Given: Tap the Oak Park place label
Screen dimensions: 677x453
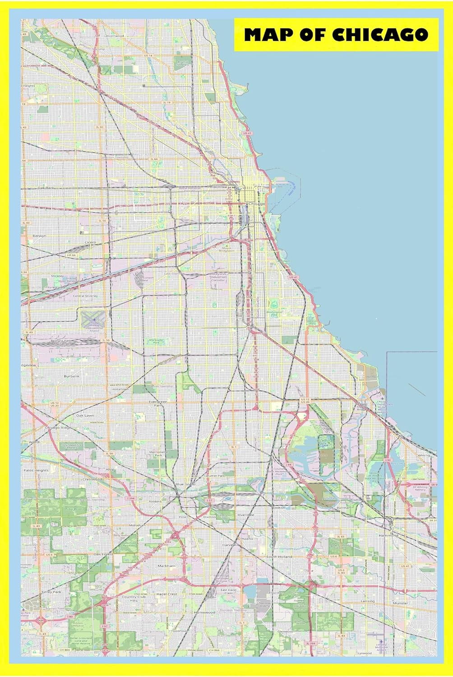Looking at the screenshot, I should (x=46, y=187).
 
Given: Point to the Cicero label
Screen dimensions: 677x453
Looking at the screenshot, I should (x=90, y=242).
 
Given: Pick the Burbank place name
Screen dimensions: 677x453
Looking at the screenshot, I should (x=71, y=376).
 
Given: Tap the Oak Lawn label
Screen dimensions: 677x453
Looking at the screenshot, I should (x=85, y=415).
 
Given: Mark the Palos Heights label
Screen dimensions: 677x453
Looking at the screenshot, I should (x=36, y=470).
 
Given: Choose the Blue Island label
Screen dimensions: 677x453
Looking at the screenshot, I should (x=185, y=484).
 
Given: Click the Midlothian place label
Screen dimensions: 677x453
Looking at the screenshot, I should (x=137, y=525).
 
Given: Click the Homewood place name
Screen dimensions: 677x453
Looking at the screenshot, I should (x=204, y=612).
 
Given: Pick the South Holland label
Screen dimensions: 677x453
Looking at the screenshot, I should (x=279, y=556).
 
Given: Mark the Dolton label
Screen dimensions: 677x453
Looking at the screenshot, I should (x=279, y=508).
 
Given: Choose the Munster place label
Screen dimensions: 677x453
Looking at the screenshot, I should (x=400, y=603).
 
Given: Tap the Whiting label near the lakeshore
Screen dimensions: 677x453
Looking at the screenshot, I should (x=423, y=455).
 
